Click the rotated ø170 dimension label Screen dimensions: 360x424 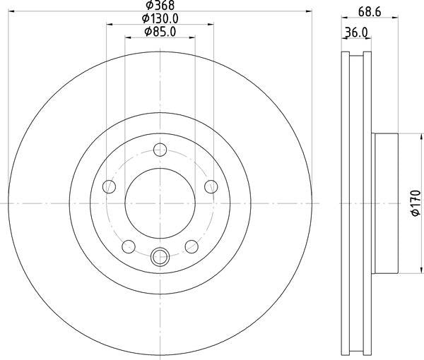(416, 204)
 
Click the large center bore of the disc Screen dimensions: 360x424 (160, 203)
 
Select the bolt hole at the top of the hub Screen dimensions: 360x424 (160, 149)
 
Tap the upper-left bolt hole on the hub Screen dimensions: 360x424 (109, 186)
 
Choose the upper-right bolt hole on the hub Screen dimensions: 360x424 (211, 186)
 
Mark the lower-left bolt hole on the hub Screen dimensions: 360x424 (129, 246)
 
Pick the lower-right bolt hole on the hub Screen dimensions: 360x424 (192, 246)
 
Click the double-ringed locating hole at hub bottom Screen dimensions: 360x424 (160, 256)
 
